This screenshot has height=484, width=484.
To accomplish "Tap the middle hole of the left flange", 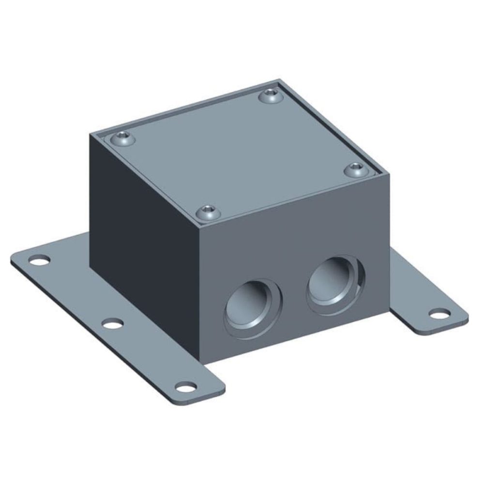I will pyautogui.click(x=112, y=323).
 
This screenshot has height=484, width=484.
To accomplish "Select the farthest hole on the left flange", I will pyautogui.click(x=40, y=261).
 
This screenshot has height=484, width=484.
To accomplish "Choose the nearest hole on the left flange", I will pyautogui.click(x=186, y=387).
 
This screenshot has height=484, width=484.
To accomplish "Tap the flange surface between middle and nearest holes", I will pyautogui.click(x=148, y=353).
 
